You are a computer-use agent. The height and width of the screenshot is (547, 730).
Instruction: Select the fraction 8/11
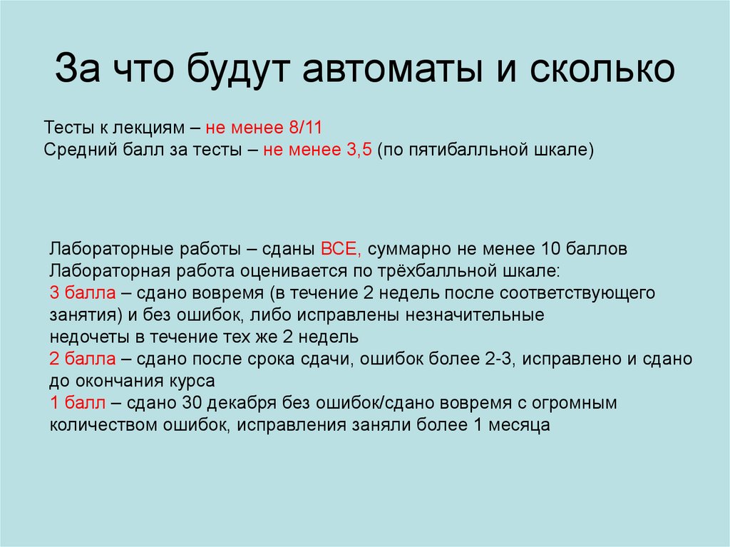click(305, 129)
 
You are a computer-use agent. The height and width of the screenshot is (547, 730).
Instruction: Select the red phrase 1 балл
click(78, 403)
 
